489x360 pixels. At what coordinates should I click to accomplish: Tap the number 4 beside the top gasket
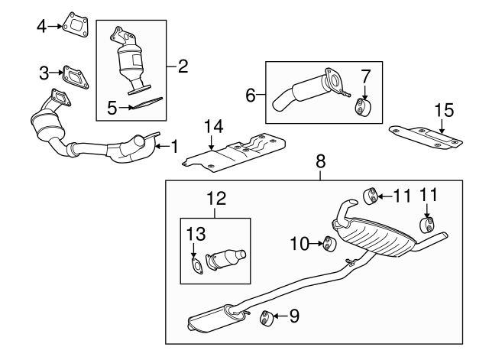click(42, 27)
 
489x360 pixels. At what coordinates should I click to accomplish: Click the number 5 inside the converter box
click(112, 109)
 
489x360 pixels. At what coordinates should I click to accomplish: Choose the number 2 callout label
click(182, 66)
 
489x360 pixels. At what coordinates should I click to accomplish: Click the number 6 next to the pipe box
click(250, 96)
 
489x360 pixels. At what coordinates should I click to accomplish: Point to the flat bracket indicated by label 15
click(427, 137)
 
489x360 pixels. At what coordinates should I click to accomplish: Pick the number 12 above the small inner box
click(216, 199)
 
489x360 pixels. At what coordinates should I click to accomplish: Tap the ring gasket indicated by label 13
click(196, 266)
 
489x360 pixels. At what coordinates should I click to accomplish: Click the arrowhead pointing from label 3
click(57, 73)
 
